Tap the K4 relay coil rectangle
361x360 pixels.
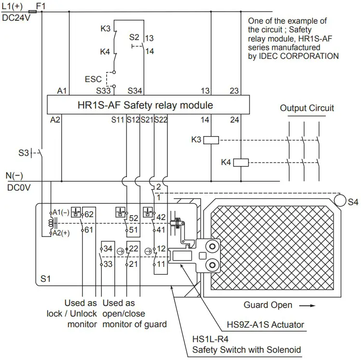[240, 163]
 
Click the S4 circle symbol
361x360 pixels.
[341, 199]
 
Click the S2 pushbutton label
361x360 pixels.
[134, 37]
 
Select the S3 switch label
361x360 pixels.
[24, 153]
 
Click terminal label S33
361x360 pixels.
[105, 90]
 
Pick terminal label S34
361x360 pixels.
[136, 90]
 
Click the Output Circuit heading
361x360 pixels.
[307, 108]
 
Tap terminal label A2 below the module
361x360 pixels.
[56, 119]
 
